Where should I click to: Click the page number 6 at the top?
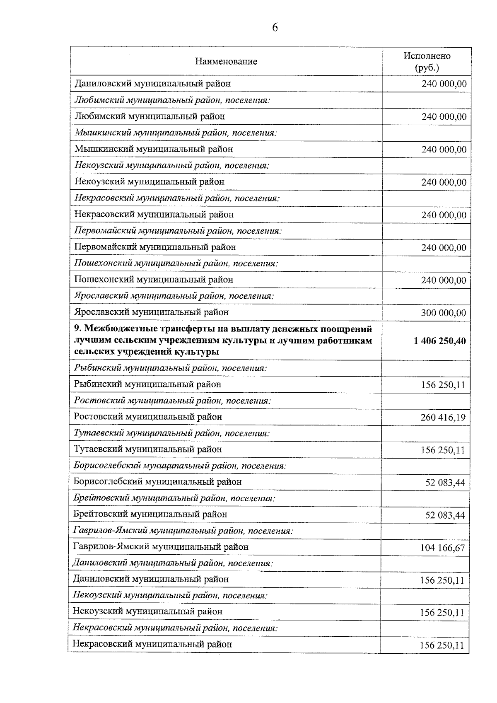pyautogui.click(x=275, y=28)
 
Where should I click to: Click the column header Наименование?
pyautogui.click(x=226, y=62)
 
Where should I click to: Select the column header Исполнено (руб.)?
pyautogui.click(x=427, y=61)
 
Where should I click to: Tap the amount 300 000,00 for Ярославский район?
pyautogui.click(x=444, y=313)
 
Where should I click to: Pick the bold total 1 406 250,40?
pyautogui.click(x=439, y=341)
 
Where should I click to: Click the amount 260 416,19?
pyautogui.click(x=443, y=418)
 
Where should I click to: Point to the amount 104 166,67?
pyautogui.click(x=442, y=548)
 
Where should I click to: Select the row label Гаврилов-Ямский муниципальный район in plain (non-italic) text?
pyautogui.click(x=161, y=547)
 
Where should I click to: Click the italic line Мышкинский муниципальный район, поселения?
pyautogui.click(x=176, y=133)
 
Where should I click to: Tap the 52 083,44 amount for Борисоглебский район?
pyautogui.click(x=445, y=483)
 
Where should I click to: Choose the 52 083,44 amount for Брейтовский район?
pyautogui.click(x=445, y=515)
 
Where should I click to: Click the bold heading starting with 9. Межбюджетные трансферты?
pyautogui.click(x=223, y=341)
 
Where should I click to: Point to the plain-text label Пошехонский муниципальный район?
pyautogui.click(x=154, y=280)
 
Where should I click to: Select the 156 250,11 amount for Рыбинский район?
pyautogui.click(x=443, y=385)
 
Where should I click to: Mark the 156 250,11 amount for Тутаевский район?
pyautogui.click(x=443, y=450)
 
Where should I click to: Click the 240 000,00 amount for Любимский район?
pyautogui.click(x=444, y=117)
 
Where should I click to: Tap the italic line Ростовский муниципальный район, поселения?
pyautogui.click(x=172, y=401)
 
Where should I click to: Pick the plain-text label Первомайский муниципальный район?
pyautogui.click(x=155, y=247)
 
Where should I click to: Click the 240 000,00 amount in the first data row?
pyautogui.click(x=444, y=84)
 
